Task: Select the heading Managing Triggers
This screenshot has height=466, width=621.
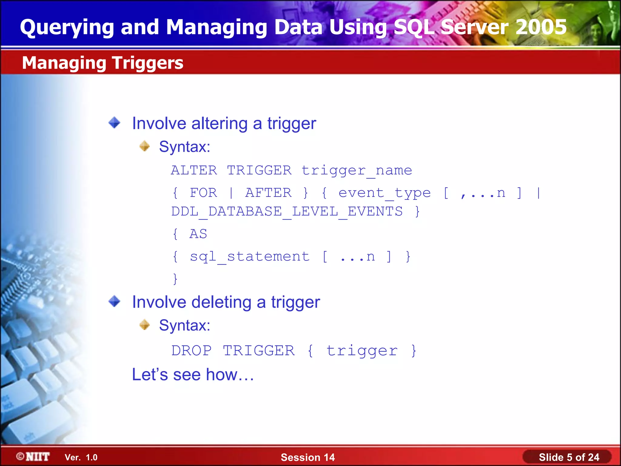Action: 102,63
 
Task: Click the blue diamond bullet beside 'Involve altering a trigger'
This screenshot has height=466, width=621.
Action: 114,123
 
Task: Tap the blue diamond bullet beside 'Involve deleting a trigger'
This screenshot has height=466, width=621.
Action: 114,301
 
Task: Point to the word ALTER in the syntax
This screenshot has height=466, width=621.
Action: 194,170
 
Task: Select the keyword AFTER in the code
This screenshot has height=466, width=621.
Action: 268,193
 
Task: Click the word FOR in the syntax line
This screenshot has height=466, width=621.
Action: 203,193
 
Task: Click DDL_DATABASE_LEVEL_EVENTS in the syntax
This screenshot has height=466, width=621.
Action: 287,211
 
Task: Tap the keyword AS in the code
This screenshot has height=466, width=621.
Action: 198,234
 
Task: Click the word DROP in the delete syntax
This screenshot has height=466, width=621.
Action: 191,351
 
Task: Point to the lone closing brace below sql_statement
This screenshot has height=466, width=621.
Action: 175,279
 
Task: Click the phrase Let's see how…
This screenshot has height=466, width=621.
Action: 193,374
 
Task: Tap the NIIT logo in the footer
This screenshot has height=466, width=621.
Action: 33,457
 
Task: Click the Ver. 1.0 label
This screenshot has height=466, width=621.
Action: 81,457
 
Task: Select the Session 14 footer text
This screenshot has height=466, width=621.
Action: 307,457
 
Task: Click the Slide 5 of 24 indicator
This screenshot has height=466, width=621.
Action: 569,457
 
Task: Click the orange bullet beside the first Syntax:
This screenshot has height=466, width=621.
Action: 145,146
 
